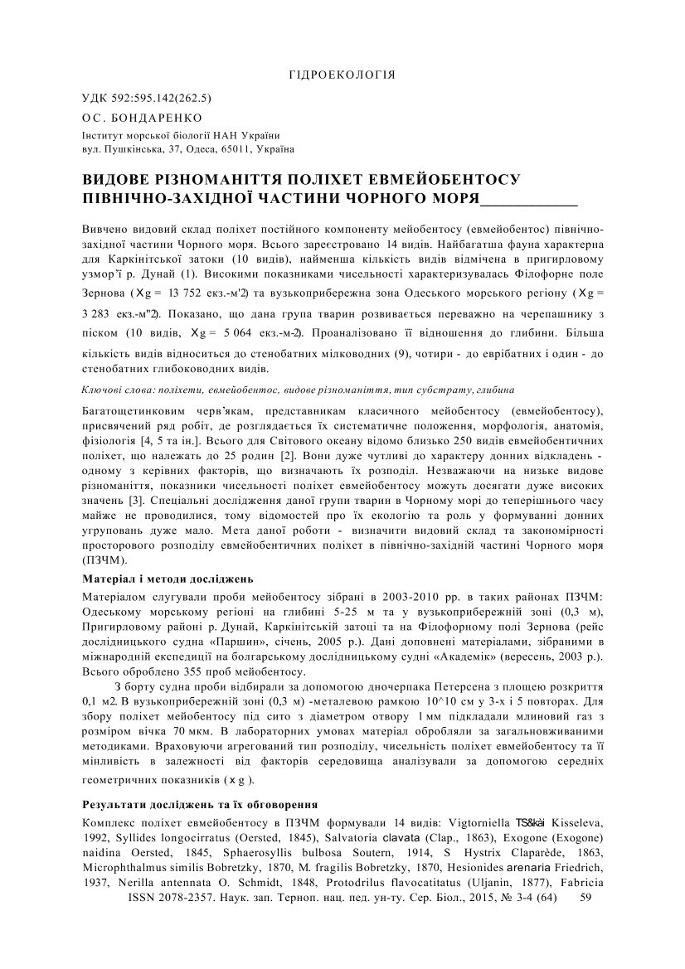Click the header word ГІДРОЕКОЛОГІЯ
pos(342,75)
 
